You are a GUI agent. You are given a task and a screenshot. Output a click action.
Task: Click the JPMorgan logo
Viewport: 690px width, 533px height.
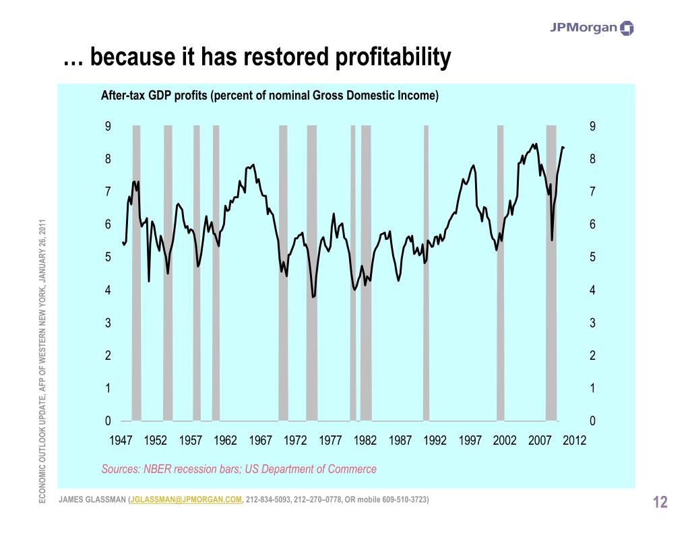tap(592, 28)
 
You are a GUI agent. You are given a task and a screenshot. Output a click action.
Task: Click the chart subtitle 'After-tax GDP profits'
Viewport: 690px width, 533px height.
tap(154, 96)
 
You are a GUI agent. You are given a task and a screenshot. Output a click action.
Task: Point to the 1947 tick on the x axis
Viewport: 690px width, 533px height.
tap(121, 440)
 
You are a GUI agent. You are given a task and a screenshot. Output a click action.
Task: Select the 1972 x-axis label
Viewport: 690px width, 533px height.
tap(295, 440)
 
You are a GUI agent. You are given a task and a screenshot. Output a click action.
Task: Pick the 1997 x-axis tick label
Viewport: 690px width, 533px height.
tap(470, 440)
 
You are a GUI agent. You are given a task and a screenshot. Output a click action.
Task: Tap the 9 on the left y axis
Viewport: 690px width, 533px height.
tap(107, 127)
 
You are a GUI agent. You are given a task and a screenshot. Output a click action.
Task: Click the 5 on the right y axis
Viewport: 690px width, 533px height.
tap(593, 257)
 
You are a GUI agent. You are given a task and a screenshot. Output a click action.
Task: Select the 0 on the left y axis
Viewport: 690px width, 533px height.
tap(107, 421)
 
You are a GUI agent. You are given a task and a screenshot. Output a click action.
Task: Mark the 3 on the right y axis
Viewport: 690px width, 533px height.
tap(593, 323)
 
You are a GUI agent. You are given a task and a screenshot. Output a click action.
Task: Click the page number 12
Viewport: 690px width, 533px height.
tap(660, 502)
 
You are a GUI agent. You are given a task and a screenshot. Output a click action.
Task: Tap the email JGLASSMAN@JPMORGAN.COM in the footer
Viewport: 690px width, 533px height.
tap(186, 499)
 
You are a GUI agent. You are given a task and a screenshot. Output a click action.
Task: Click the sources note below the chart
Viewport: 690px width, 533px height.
tap(239, 469)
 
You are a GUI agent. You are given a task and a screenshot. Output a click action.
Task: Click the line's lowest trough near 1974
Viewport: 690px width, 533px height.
tap(313, 297)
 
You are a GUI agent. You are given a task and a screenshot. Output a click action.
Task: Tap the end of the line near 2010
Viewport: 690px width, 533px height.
tap(563, 147)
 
